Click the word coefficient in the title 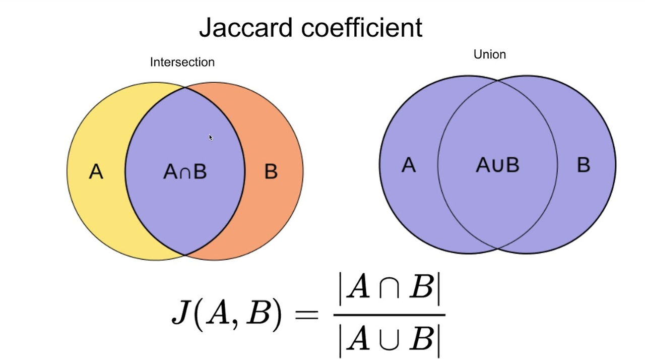(362, 27)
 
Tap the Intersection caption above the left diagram (182, 62)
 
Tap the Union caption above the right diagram (489, 54)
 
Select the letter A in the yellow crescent (96, 172)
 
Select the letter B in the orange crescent (271, 172)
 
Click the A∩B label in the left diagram (185, 172)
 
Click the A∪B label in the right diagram (497, 165)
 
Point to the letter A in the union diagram (409, 165)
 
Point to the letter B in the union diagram (583, 165)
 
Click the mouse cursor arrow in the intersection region (211, 137)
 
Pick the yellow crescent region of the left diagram (96, 212)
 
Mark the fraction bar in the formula (389, 315)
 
